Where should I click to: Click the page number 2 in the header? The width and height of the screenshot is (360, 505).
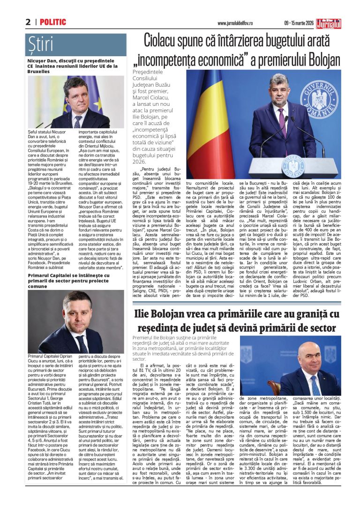pyautogui.click(x=28, y=22)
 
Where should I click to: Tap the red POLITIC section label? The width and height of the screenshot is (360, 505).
pyautogui.click(x=53, y=22)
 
